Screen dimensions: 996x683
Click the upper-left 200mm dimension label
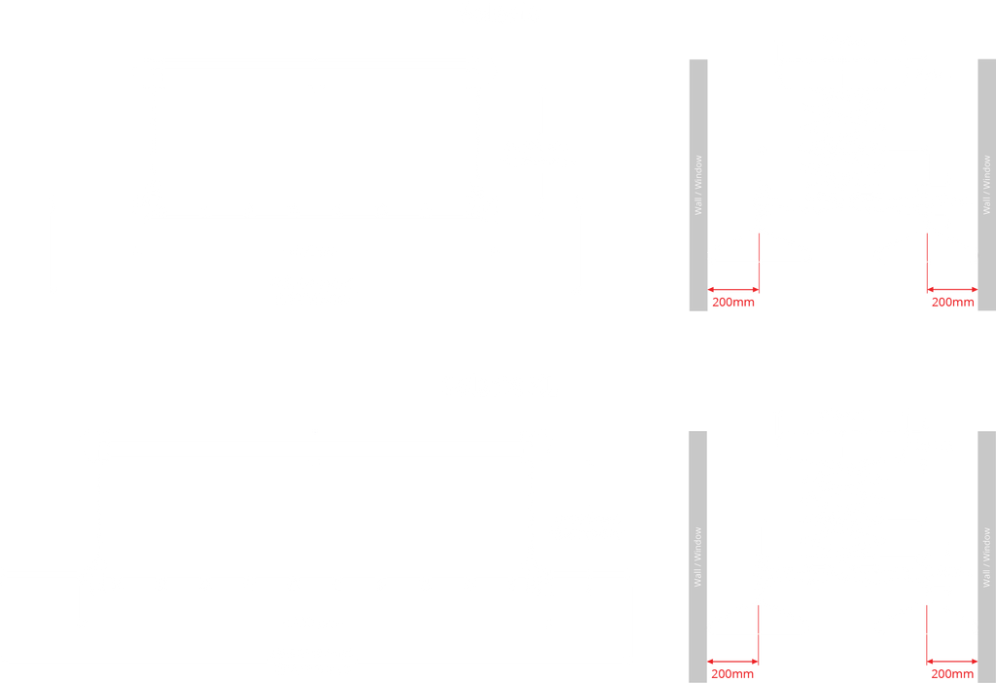coord(733,303)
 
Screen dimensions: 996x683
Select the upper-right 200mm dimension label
coord(953,303)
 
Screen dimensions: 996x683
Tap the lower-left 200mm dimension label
coord(732,674)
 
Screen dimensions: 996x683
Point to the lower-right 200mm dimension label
coord(952,674)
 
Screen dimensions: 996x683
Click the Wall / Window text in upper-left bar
coord(698,186)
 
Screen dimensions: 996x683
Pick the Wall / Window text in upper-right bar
coord(986,186)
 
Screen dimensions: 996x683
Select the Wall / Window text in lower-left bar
coord(698,557)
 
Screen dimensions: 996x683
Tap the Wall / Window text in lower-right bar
coord(986,557)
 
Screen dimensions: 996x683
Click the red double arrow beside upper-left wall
coord(733,290)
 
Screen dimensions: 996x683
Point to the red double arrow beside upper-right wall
coord(953,290)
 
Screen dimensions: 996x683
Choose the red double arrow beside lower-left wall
coord(732,662)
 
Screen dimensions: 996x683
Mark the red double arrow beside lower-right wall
coord(952,662)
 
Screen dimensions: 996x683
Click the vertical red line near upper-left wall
coord(759,263)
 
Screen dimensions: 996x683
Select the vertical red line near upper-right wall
coord(927,263)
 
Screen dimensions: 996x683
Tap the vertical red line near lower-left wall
coord(759,634)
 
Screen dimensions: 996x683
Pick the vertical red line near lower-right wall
coord(927,634)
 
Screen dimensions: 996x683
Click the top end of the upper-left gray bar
coord(698,60)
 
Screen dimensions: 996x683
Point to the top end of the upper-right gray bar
coord(987,60)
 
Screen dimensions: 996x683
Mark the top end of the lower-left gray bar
coord(698,432)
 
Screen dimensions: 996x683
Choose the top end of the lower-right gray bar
coord(987,432)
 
